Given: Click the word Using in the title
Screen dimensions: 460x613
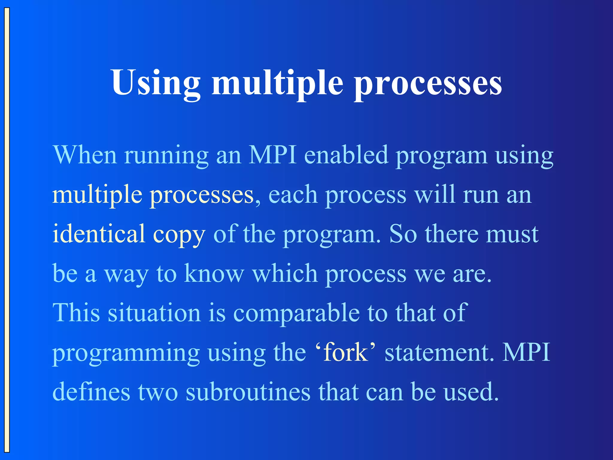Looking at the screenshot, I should tap(156, 82).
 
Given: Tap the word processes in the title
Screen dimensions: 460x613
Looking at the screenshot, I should tap(428, 84).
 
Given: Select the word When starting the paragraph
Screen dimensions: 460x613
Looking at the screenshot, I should tap(85, 155).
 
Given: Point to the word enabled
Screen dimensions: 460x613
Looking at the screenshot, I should tap(346, 155).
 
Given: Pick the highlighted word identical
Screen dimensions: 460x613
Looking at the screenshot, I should tap(99, 234).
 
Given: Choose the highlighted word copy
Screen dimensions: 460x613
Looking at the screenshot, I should tap(179, 235).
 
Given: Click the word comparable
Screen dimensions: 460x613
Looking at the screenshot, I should tap(296, 313).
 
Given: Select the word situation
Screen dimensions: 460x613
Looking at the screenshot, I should tap(154, 313).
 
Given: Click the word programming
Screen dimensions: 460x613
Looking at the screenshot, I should tap(126, 354).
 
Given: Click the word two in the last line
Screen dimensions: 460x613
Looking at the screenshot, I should tap(158, 392).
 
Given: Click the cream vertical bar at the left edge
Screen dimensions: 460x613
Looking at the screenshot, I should tap(7, 230).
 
